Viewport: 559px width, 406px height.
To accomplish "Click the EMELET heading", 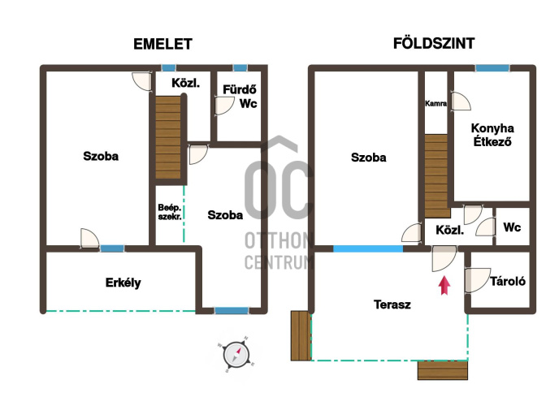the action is tap(163, 44).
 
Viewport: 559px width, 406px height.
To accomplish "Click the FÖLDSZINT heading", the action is tap(434, 43).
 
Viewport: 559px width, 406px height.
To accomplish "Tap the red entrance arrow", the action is tap(444, 285).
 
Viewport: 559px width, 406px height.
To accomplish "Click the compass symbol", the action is tap(236, 355).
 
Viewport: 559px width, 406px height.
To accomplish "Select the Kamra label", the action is tap(435, 103).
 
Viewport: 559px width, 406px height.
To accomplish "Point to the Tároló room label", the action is tap(508, 281).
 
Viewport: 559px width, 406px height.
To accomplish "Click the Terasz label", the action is tap(392, 304).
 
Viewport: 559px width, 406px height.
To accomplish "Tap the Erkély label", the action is tap(123, 283).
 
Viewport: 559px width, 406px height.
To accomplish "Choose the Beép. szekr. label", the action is tap(170, 212).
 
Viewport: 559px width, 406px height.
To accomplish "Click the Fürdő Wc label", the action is tap(240, 96).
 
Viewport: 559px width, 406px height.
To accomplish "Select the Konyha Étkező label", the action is tap(492, 135).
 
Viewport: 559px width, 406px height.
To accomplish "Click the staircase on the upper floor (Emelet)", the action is tap(168, 137).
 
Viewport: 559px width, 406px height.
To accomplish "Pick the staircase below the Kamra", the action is tap(436, 176).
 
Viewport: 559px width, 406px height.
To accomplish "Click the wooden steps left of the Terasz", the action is tap(301, 336).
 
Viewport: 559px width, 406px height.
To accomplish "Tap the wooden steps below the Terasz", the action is tap(443, 370).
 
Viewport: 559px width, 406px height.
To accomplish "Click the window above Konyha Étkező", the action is tap(492, 68).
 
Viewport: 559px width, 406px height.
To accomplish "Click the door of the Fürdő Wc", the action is tap(224, 106).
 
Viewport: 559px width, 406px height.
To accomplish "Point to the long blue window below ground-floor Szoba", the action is tap(368, 248).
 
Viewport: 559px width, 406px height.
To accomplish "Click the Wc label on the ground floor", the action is tap(512, 227).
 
